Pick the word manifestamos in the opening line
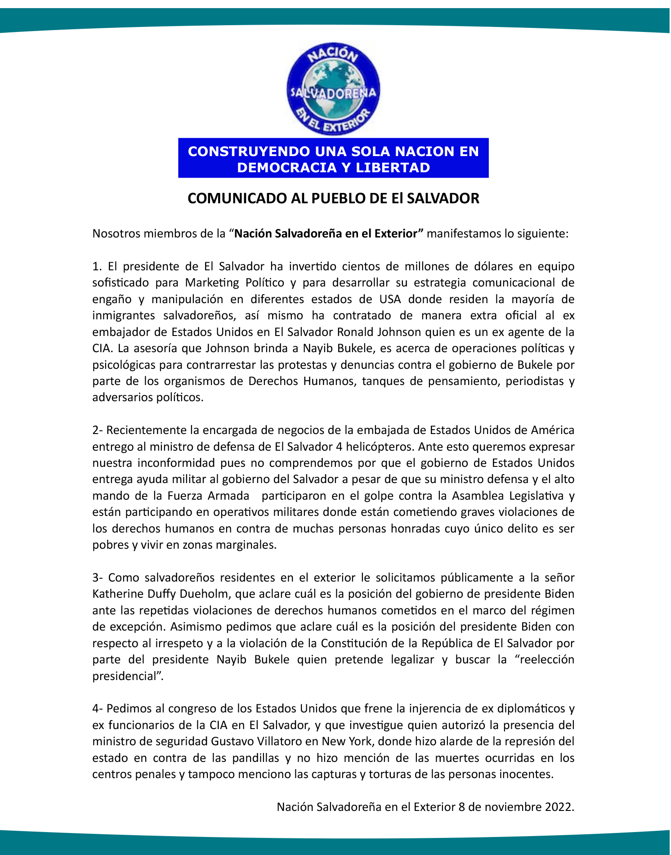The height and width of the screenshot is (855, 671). [461, 234]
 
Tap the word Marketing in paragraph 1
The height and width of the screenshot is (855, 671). [211, 283]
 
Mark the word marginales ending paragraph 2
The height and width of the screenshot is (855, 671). [246, 545]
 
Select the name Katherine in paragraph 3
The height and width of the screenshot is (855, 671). [118, 594]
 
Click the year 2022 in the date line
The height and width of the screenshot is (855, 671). [559, 807]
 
